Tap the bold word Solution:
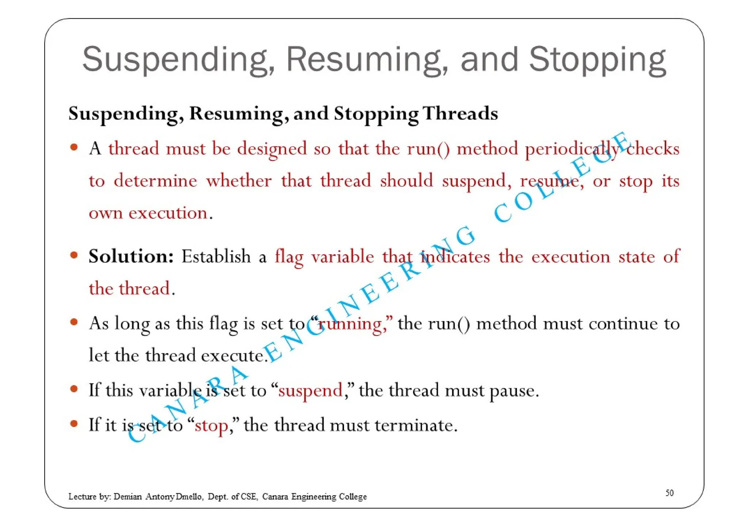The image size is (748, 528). (131, 256)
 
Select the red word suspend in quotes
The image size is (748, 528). (310, 390)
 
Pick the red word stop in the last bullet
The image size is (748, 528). (211, 425)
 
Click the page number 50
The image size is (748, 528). (669, 493)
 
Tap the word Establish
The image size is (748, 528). (216, 256)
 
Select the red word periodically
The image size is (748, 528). (572, 149)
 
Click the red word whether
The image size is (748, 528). (238, 181)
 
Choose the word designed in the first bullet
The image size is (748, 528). (272, 149)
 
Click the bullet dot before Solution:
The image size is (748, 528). (74, 255)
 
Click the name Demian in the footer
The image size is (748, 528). (127, 497)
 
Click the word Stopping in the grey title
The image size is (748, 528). (597, 59)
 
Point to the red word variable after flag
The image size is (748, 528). (343, 256)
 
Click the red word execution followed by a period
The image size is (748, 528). (168, 213)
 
